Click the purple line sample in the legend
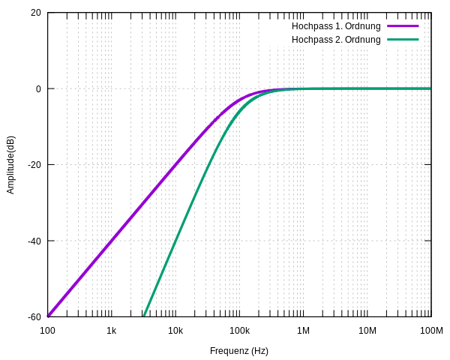coord(403,26)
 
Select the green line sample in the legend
coord(403,40)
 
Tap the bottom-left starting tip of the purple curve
coord(49,316)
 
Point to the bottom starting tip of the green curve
coord(144,316)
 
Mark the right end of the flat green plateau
coord(430,88)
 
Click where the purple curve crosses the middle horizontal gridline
coord(174,164)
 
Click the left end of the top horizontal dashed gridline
coord(49,88)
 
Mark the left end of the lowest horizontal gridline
coord(49,241)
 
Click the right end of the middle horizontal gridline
coord(430,164)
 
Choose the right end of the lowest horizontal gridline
coord(430,241)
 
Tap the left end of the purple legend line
coord(388,26)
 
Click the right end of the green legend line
coord(418,40)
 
